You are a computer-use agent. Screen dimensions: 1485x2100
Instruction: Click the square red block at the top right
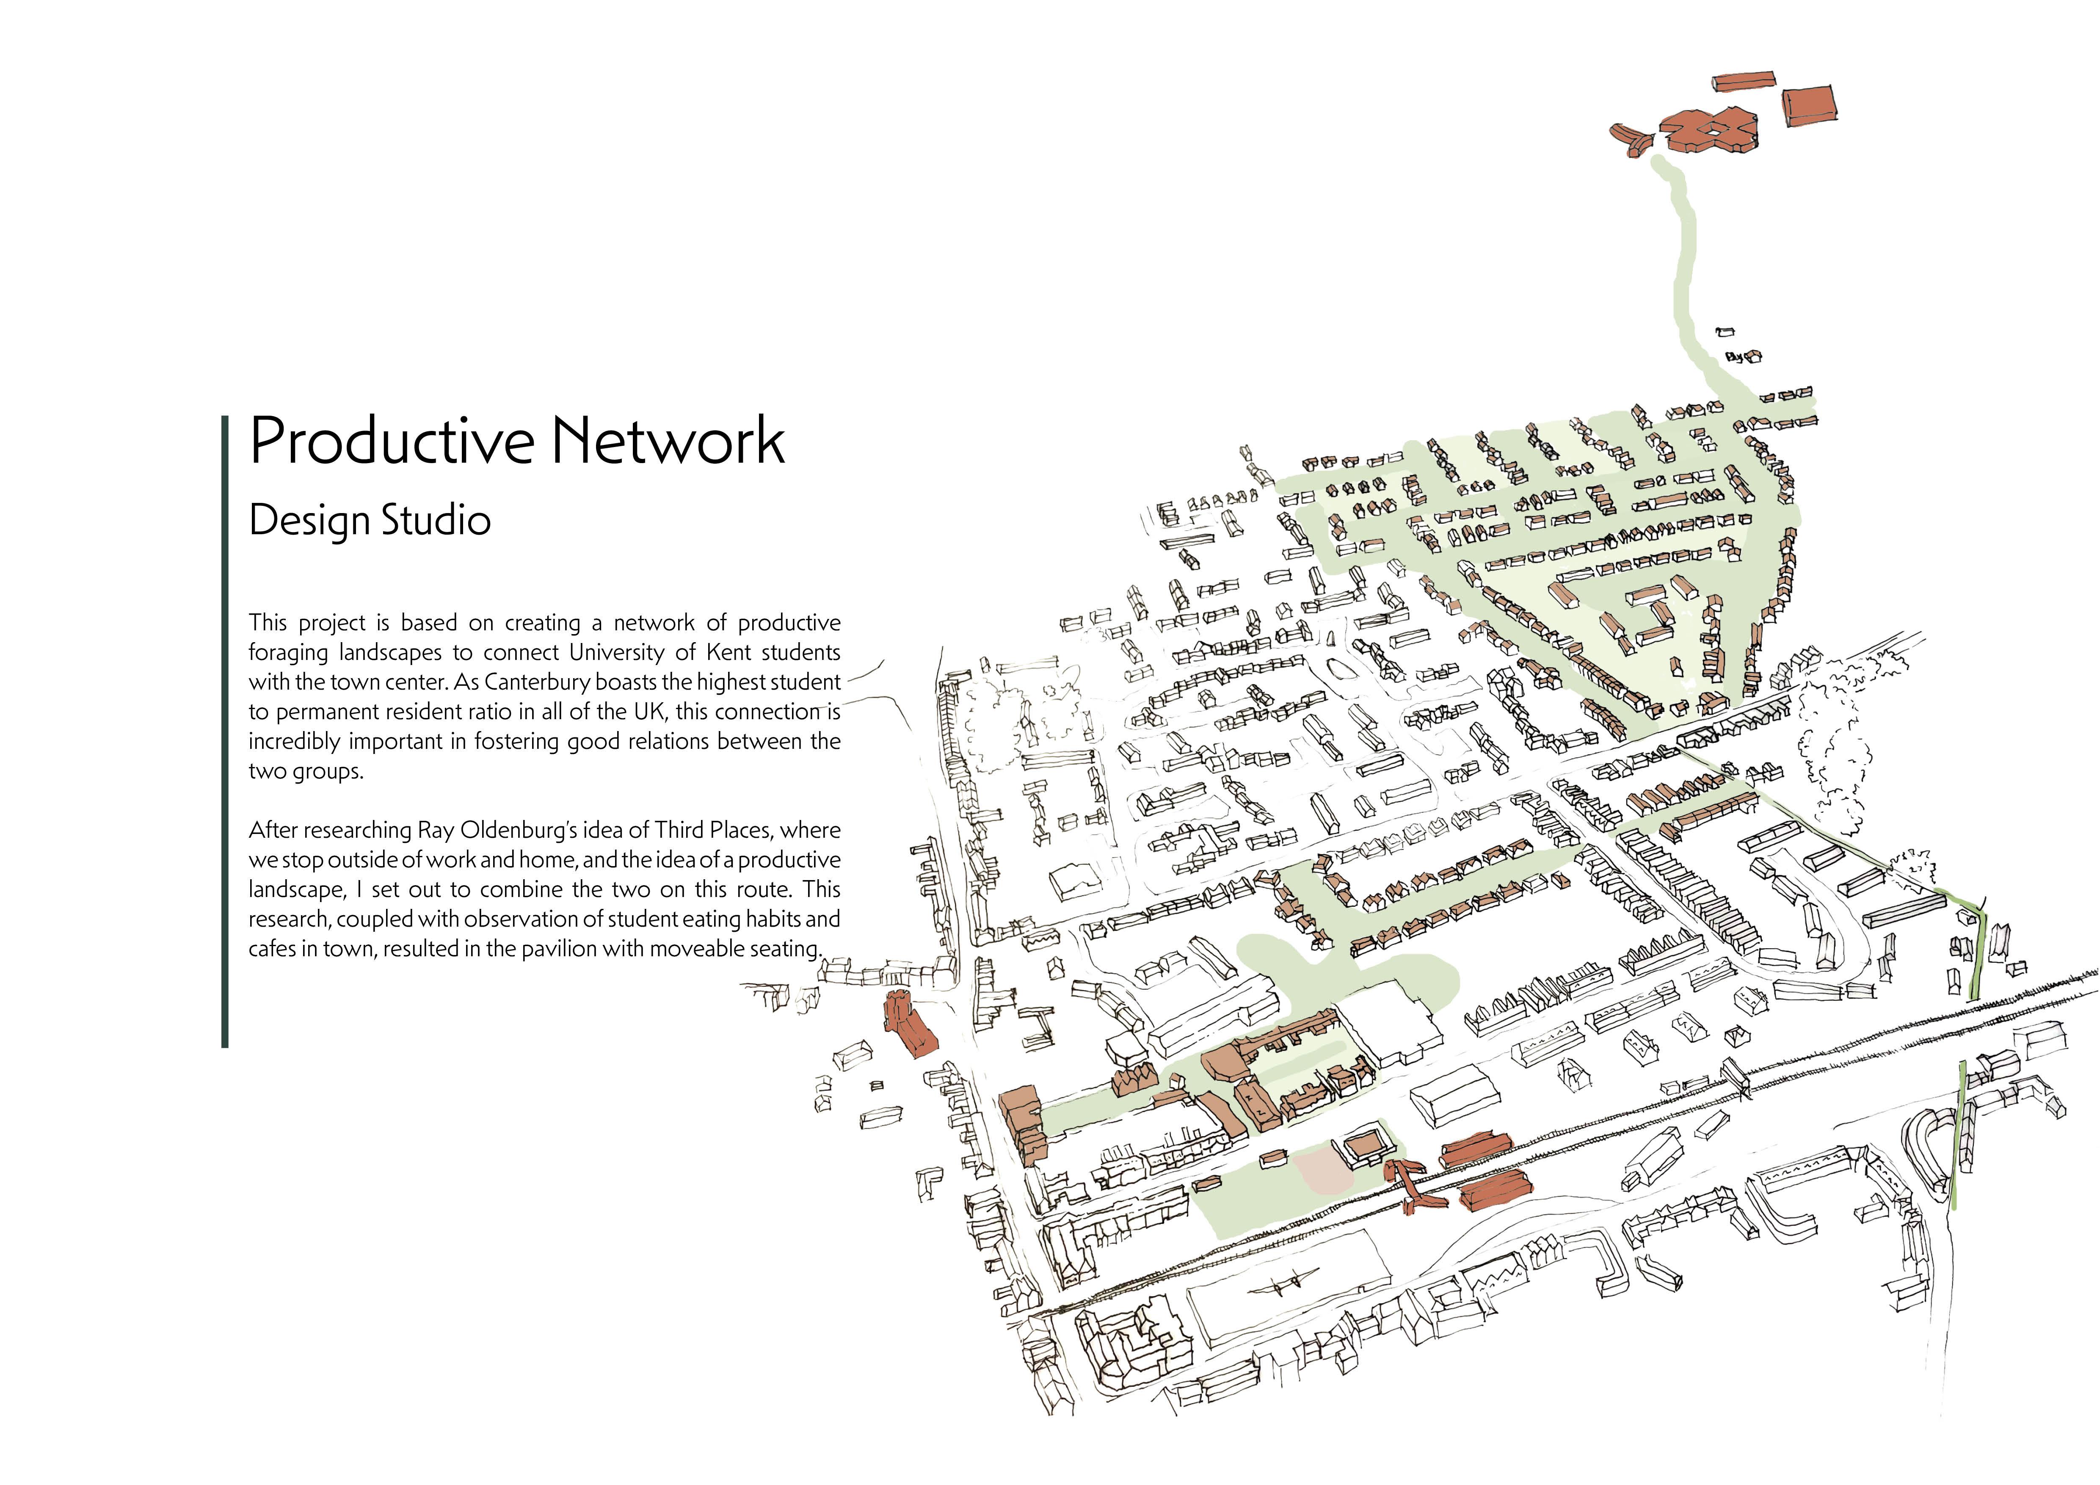[x=1809, y=106]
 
